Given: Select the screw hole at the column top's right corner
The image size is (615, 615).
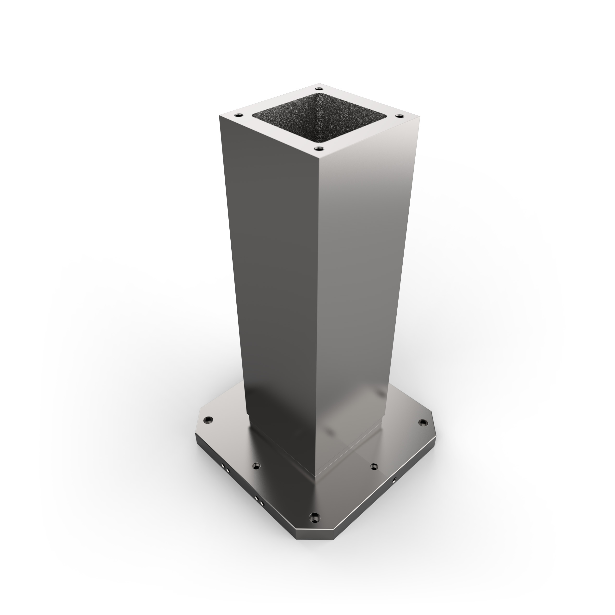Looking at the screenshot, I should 400,117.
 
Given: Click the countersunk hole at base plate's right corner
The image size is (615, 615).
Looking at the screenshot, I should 423,423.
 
